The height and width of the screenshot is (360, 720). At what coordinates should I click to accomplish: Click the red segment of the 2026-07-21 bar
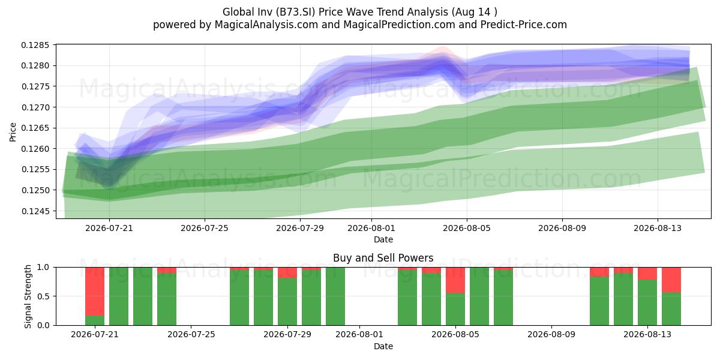pyautogui.click(x=95, y=292)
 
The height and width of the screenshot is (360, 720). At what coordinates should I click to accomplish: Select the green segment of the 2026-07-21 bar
pyautogui.click(x=95, y=320)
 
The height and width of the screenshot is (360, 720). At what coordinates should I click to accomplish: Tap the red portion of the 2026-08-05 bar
pyautogui.click(x=455, y=280)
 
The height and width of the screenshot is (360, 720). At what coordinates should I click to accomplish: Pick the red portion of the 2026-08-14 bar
pyautogui.click(x=671, y=280)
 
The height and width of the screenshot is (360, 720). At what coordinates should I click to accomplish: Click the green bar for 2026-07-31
pyautogui.click(x=335, y=296)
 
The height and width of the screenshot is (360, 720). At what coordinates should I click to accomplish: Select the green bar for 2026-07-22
pyautogui.click(x=119, y=296)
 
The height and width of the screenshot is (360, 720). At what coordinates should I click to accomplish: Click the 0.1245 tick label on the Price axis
pyautogui.click(x=35, y=211)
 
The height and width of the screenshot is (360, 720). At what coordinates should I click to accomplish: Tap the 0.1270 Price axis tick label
pyautogui.click(x=35, y=107)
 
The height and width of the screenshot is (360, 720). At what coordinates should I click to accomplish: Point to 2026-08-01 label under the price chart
pyautogui.click(x=371, y=228)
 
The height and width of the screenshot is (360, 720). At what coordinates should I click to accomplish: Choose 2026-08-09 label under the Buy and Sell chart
pyautogui.click(x=551, y=335)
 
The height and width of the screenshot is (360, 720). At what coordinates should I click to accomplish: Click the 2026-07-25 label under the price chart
pyautogui.click(x=205, y=228)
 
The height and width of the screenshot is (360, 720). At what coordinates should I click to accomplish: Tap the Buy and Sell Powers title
pyautogui.click(x=383, y=258)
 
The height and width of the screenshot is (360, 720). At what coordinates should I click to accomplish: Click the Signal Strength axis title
pyautogui.click(x=28, y=296)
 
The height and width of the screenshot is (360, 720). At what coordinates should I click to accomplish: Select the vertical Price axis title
pyautogui.click(x=13, y=132)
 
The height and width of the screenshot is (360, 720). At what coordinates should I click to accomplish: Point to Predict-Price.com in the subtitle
pyautogui.click(x=524, y=25)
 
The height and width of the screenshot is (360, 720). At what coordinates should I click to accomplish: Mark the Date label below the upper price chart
pyautogui.click(x=383, y=239)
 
